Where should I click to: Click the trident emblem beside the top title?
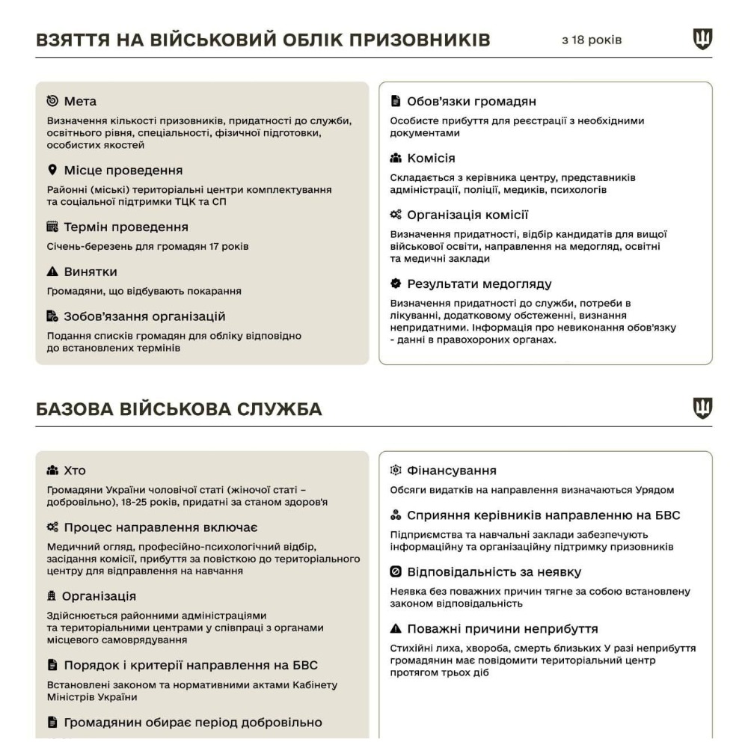[x=702, y=39]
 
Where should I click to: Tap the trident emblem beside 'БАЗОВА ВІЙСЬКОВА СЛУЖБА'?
[x=702, y=408]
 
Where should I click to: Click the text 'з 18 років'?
[x=592, y=40]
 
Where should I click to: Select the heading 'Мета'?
[x=80, y=101]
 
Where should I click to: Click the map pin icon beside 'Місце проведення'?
[x=52, y=170]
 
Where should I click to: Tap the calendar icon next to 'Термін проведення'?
[x=52, y=227]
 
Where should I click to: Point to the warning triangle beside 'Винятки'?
[x=52, y=272]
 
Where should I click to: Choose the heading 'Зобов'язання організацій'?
[x=144, y=316]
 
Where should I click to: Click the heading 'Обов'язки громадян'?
[x=471, y=101]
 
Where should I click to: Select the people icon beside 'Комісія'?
[x=396, y=159]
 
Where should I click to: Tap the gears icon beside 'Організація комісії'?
[x=396, y=215]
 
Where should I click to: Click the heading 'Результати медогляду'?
[x=479, y=283]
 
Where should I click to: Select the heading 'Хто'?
[x=75, y=470]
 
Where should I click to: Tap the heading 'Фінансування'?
[x=452, y=470]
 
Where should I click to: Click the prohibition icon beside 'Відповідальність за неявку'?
[x=396, y=572]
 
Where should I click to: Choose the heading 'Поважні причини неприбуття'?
[x=502, y=628]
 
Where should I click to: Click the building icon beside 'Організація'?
[x=52, y=596]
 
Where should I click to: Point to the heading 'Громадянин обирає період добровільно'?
[x=193, y=722]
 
